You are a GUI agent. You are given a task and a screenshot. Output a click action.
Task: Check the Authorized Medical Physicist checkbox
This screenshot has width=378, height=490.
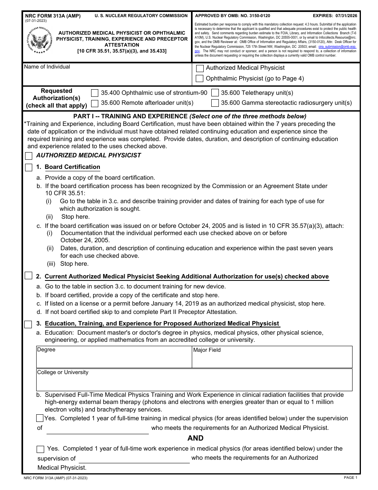pyautogui.click(x=200, y=68)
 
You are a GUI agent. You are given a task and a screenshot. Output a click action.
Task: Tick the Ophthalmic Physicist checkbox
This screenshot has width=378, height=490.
pyautogui.click(x=200, y=78)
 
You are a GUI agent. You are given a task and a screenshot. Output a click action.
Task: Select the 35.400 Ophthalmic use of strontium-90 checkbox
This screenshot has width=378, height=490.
pyautogui.click(x=95, y=93)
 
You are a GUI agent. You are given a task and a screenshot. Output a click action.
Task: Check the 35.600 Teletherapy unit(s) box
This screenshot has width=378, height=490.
pyautogui.click(x=215, y=93)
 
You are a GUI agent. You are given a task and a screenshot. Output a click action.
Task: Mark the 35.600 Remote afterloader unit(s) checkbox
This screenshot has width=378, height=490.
pyautogui.click(x=95, y=103)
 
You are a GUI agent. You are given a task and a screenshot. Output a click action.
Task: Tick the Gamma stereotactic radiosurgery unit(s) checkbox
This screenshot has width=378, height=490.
pyautogui.click(x=215, y=103)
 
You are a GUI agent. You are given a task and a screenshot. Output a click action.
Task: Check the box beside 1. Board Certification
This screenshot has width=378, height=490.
pyautogui.click(x=29, y=167)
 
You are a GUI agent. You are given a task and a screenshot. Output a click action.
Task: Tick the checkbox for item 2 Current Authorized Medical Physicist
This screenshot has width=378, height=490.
pyautogui.click(x=29, y=276)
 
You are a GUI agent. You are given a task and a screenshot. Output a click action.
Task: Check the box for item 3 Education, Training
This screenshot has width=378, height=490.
pyautogui.click(x=29, y=324)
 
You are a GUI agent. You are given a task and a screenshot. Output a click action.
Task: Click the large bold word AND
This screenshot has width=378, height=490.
pyautogui.click(x=195, y=438)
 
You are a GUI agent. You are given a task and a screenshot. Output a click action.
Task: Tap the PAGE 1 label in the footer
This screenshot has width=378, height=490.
pyautogui.click(x=350, y=477)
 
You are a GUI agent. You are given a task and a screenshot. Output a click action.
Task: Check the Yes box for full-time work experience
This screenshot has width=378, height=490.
pyautogui.click(x=41, y=449)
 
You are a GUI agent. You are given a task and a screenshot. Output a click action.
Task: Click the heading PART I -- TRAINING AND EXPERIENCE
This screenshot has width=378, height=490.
pyautogui.click(x=131, y=116)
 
